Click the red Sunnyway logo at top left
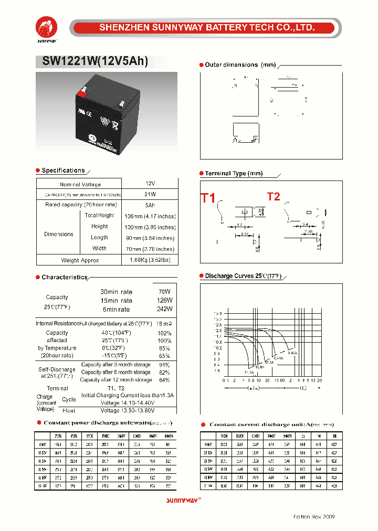47,27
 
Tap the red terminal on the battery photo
81,93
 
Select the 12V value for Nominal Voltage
150,184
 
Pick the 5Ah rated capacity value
150,205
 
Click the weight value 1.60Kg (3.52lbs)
150,260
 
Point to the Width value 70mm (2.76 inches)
150,249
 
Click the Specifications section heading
63,171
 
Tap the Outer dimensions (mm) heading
240,65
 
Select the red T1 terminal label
208,198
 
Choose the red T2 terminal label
274,197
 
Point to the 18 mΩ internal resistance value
164,324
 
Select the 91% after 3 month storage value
164,365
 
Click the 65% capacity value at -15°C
164,355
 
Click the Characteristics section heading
65,277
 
